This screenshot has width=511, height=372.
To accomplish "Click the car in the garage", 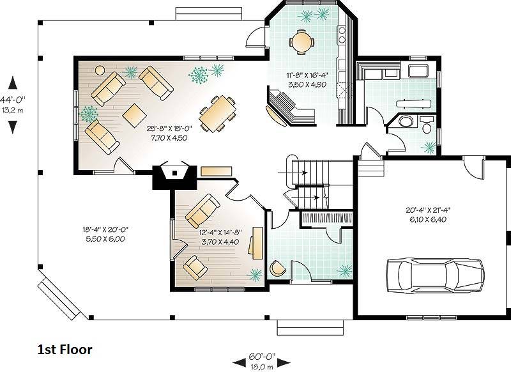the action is [435, 275].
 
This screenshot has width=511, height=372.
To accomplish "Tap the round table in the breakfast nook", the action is [301, 42].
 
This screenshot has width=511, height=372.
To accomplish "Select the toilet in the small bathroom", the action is [426, 125].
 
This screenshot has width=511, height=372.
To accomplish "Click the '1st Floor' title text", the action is [65, 350].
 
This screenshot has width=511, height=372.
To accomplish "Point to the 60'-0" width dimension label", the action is [262, 356].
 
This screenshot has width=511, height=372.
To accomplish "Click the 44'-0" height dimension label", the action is [13, 99].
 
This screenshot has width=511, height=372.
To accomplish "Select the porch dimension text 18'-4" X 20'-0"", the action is [105, 229].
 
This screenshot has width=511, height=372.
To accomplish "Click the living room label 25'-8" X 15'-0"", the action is [169, 128].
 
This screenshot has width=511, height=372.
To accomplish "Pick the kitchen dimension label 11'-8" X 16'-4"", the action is [307, 75].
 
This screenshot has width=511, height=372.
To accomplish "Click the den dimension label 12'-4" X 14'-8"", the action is [220, 233].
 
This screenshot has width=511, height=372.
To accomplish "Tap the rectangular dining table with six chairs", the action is [217, 114].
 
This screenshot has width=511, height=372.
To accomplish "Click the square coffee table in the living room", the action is [134, 116].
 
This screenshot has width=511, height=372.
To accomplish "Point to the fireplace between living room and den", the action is [175, 176].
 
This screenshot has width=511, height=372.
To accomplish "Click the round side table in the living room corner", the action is [100, 70].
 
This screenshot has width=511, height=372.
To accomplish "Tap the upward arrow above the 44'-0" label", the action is [12, 82].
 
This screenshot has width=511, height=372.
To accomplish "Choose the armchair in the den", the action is [195, 267].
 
